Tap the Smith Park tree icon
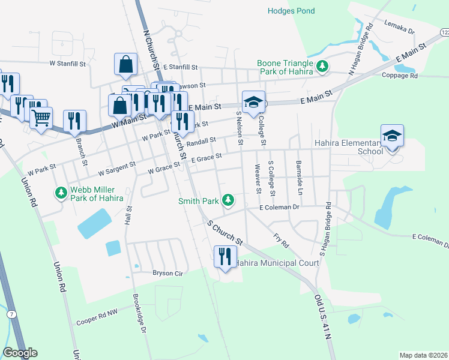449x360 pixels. point(228,199)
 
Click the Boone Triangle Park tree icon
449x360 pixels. point(322,65)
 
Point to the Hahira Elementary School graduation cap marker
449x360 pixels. point(392,137)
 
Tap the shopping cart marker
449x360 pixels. point(41,118)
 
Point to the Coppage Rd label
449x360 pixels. point(400,76)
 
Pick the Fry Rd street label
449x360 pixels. point(281,241)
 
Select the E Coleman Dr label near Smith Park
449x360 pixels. point(279,208)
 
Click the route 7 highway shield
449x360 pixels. point(11,313)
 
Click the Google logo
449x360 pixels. point(20,353)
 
